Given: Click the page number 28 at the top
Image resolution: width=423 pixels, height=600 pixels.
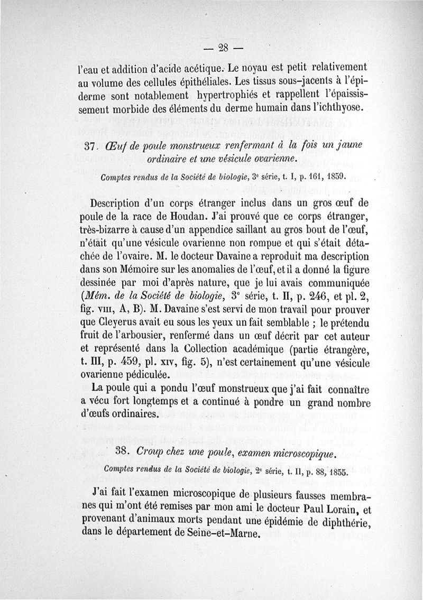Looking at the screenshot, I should (x=223, y=47).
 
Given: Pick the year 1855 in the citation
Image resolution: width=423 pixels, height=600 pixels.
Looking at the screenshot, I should (x=335, y=469).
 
